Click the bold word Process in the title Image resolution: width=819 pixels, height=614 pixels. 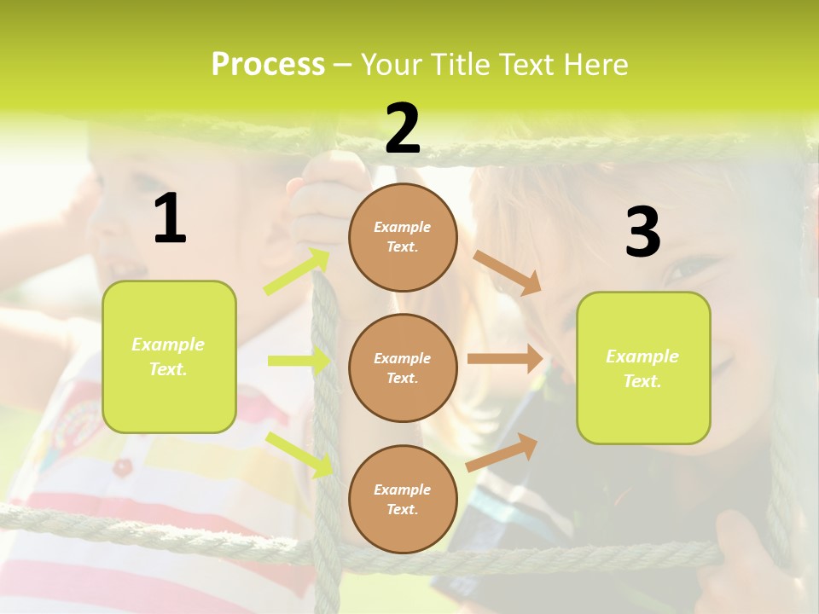268,64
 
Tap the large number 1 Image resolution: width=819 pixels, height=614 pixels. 170,218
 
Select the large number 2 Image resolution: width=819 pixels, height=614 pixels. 403,129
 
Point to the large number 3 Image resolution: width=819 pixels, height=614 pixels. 642,232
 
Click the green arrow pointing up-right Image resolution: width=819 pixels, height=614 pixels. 297,272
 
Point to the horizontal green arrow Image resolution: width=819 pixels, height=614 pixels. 299,361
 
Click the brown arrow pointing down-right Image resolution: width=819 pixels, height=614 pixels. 507,273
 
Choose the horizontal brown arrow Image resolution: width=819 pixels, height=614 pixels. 505,359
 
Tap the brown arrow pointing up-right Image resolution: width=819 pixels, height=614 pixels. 502,453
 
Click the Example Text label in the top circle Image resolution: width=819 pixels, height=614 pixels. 403,237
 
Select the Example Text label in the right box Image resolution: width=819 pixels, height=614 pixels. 642,368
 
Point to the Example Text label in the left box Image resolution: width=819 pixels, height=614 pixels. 168,356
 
